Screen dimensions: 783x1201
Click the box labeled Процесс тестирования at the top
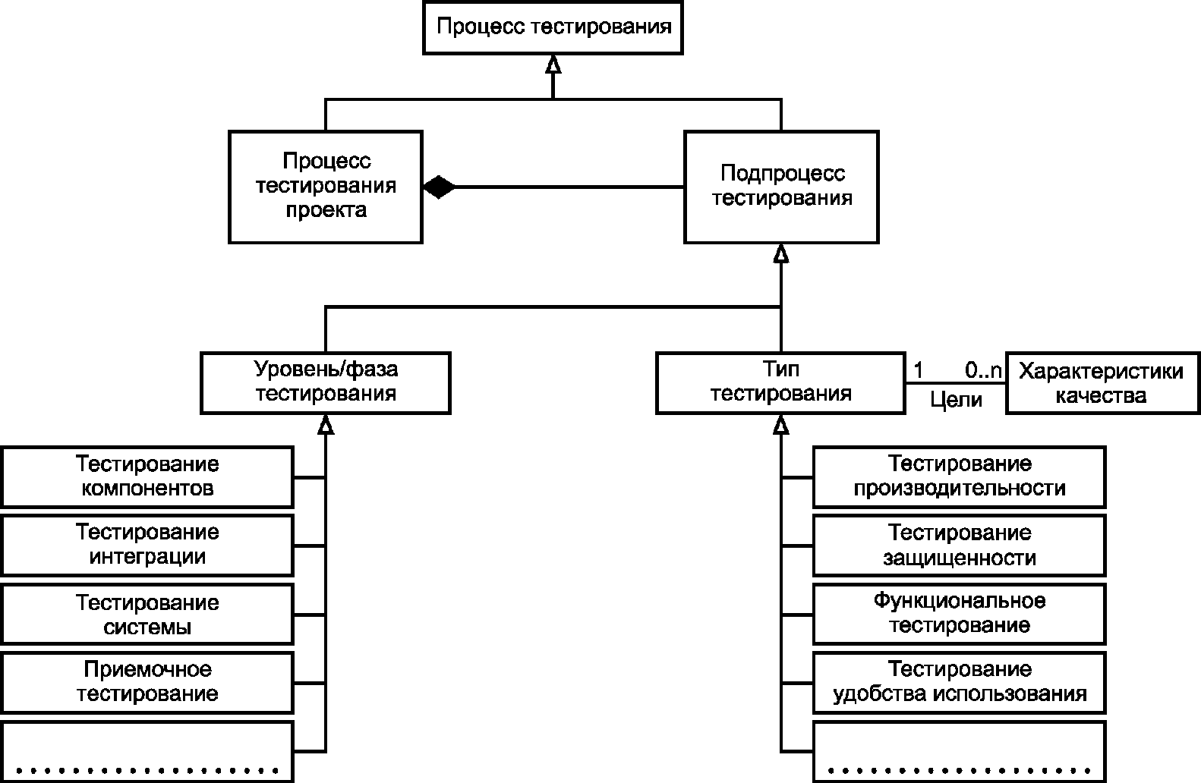point(553,27)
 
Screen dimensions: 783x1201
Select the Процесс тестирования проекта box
point(326,187)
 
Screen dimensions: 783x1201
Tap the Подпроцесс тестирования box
point(781,187)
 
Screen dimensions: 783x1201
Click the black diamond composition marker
point(439,187)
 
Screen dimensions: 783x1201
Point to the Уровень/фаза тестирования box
point(325,382)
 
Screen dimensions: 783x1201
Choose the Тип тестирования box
point(780,382)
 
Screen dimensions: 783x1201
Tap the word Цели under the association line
point(956,400)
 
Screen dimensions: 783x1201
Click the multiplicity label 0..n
point(983,371)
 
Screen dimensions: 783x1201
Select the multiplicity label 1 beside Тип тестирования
point(919,371)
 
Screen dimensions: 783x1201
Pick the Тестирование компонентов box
point(147,476)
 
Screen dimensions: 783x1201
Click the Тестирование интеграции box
point(147,545)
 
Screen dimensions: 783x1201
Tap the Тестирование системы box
point(147,615)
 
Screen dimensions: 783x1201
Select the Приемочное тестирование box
point(147,682)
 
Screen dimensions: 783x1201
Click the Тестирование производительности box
point(959,476)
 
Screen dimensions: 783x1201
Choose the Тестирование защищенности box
point(959,545)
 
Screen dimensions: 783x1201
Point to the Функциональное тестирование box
point(959,613)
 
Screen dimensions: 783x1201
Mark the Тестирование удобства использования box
point(959,682)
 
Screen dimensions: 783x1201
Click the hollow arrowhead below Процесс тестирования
point(553,65)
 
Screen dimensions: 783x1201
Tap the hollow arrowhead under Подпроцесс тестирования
point(780,254)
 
